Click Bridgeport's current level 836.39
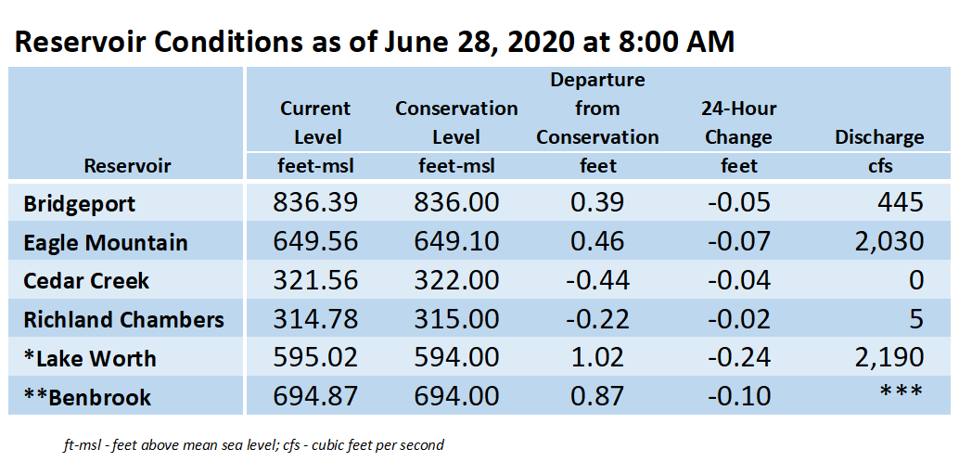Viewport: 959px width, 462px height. (x=314, y=202)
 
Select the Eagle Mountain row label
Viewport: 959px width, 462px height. (x=106, y=243)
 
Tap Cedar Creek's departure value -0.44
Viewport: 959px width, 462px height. (x=597, y=281)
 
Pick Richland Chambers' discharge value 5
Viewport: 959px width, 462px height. (x=916, y=319)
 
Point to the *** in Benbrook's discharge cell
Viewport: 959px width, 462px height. (x=901, y=391)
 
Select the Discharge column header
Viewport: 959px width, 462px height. (x=879, y=137)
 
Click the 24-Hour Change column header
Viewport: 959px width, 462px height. (x=739, y=123)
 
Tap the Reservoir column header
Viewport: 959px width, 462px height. (x=127, y=165)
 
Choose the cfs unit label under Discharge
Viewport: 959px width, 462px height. (x=879, y=165)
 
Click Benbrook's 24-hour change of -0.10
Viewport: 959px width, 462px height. (x=739, y=397)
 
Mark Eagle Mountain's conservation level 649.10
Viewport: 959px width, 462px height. (x=456, y=242)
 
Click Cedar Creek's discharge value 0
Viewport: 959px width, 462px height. (x=916, y=281)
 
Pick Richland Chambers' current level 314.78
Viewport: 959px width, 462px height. (x=314, y=319)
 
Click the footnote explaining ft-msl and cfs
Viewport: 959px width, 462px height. (x=253, y=445)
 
